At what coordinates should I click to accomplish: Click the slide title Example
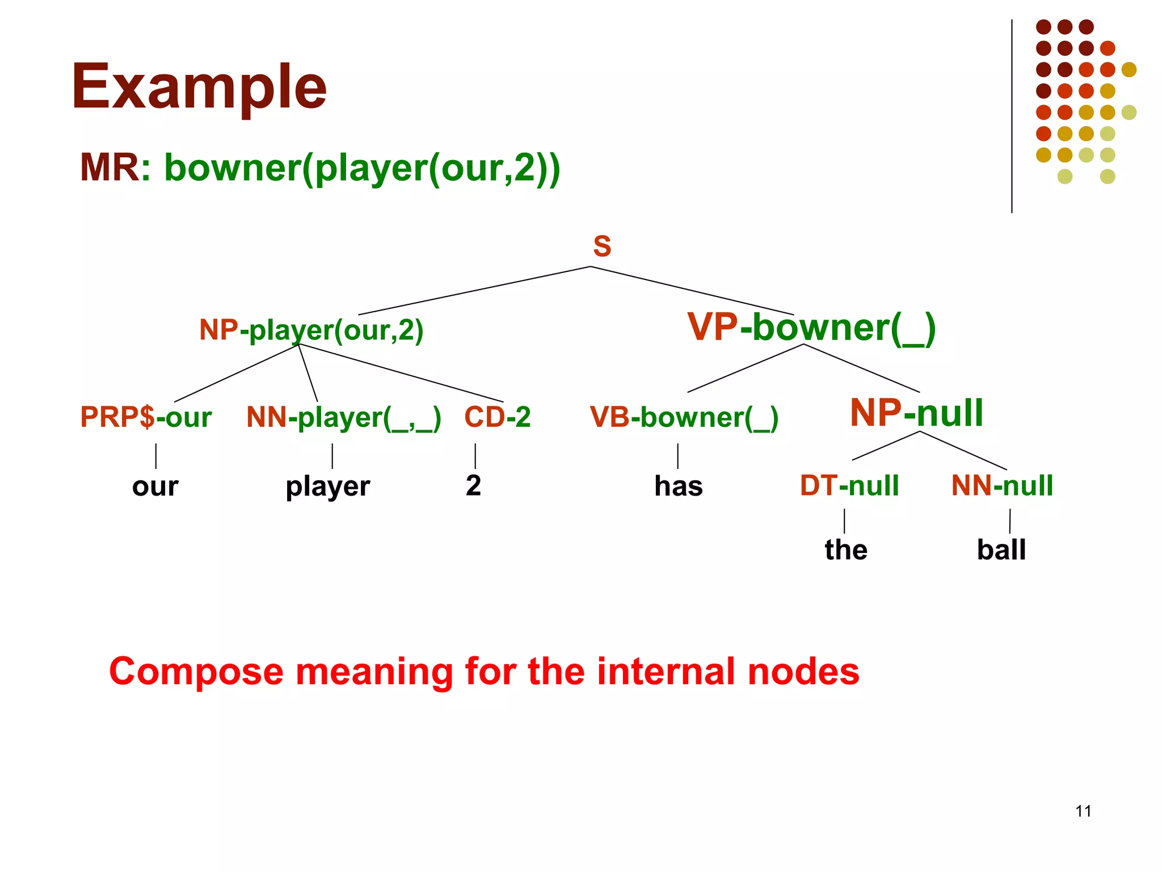click(199, 87)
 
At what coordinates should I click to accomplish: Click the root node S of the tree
click(602, 246)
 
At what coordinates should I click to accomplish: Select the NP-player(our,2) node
click(311, 330)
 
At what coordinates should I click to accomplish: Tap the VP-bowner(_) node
click(811, 328)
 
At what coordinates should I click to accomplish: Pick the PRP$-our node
click(146, 417)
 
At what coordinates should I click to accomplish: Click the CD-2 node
click(497, 417)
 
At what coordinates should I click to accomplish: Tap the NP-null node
click(916, 413)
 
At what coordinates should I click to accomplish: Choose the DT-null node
click(849, 486)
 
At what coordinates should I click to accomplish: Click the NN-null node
click(1002, 486)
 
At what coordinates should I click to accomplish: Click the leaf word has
click(678, 487)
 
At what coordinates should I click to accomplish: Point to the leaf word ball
click(1001, 550)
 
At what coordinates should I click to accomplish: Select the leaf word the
click(845, 550)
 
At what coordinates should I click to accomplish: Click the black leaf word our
click(155, 487)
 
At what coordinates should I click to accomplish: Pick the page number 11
click(1083, 811)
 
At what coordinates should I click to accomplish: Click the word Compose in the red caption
click(196, 672)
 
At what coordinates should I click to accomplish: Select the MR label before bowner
click(110, 168)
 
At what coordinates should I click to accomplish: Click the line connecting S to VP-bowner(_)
click(692, 291)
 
